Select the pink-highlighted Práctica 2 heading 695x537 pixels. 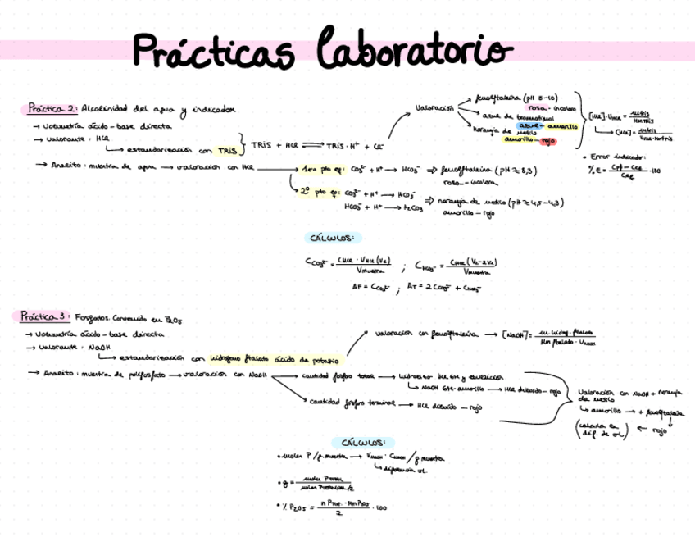tap(51, 108)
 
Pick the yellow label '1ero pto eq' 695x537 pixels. tap(320, 169)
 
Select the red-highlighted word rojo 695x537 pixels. tap(548, 140)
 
